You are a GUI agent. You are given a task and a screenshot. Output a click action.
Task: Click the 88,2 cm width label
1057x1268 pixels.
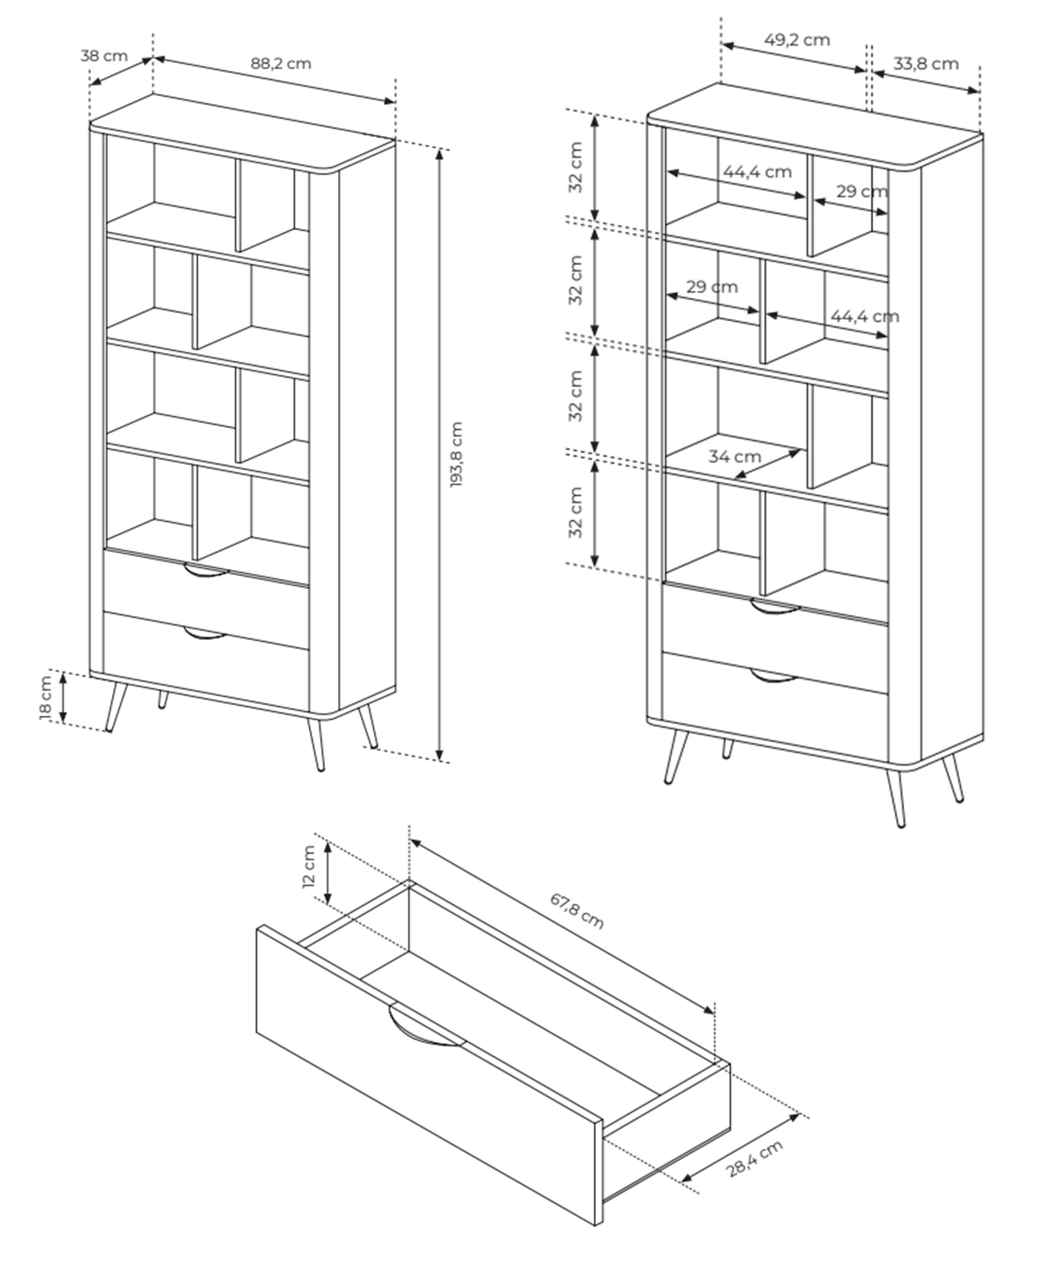(281, 64)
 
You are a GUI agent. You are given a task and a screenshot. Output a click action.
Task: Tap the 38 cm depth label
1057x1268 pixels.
(104, 55)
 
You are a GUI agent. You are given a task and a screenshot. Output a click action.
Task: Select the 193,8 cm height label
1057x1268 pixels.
(456, 455)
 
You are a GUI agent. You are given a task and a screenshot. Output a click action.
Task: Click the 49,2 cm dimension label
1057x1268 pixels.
(797, 40)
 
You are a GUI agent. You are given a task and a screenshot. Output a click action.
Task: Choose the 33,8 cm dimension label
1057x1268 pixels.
(926, 64)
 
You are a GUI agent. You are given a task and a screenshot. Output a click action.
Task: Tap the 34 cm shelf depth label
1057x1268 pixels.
(734, 457)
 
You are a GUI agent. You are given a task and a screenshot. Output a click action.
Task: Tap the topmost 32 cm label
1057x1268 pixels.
(576, 167)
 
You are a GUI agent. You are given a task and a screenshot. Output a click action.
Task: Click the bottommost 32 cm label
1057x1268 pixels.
(576, 512)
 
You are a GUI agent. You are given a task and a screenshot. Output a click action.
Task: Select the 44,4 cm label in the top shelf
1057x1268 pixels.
(757, 172)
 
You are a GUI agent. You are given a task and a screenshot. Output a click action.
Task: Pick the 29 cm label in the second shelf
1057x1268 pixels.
(712, 286)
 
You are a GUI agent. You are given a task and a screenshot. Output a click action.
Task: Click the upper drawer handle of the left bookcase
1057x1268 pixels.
(206, 571)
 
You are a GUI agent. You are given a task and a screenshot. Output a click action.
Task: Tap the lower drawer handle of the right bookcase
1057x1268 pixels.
(773, 676)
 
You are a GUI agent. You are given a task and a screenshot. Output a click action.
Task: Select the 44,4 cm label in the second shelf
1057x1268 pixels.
(865, 316)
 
